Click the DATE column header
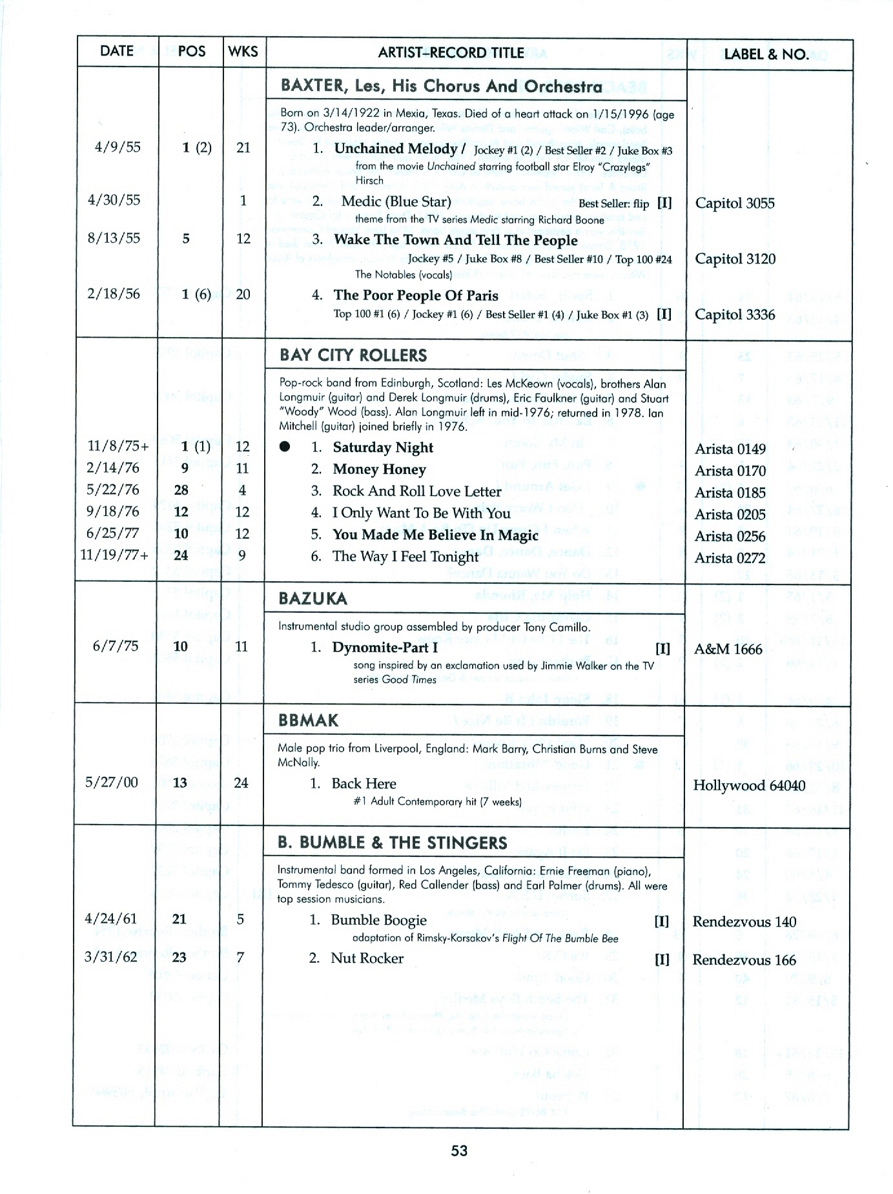117,51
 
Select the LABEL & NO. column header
766,54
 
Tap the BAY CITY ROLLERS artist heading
353,355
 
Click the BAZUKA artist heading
313,599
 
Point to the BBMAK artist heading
308,721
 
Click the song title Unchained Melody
396,149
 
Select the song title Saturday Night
383,448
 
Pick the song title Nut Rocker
367,958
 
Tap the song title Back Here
364,783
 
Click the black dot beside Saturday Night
285,447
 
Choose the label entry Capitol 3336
735,314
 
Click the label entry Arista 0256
730,536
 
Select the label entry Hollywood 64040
749,785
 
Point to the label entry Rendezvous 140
744,921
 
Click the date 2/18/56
114,294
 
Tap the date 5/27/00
112,783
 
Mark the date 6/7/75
116,646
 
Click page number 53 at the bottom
459,1150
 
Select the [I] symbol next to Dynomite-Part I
662,648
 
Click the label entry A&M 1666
728,649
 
